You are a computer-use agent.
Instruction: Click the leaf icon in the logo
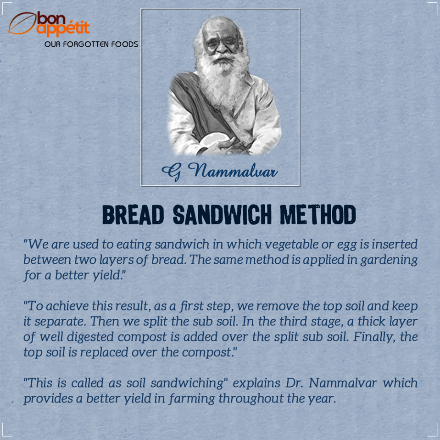[22, 23]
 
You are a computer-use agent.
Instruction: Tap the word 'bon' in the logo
[51, 18]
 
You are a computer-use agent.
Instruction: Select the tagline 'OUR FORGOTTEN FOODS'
[91, 45]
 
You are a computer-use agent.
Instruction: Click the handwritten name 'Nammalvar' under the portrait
[233, 170]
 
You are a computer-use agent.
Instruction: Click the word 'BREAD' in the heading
[133, 215]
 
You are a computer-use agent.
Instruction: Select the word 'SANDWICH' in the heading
[222, 215]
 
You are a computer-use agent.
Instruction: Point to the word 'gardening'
[389, 260]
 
